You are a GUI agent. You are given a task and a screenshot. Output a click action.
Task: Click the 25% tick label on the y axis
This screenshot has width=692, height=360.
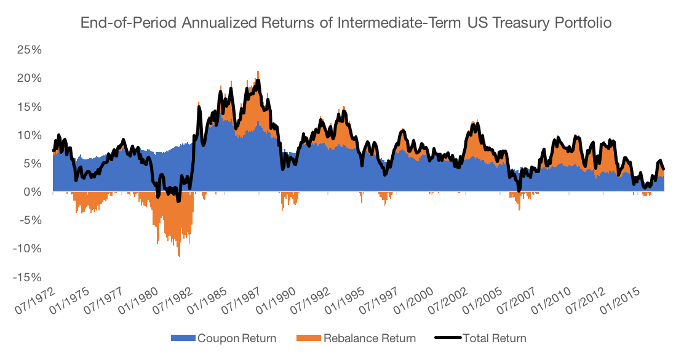(30, 50)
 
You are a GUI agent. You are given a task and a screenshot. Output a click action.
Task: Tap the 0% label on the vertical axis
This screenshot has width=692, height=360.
(33, 192)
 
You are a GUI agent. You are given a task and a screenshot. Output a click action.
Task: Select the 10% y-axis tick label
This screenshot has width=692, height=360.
(30, 135)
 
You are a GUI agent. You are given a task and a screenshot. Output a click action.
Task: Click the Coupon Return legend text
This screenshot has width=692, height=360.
(236, 338)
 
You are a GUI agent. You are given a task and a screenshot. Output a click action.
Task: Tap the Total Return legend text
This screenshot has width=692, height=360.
(494, 338)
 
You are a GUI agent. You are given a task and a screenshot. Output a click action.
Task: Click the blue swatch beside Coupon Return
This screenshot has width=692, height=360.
(183, 338)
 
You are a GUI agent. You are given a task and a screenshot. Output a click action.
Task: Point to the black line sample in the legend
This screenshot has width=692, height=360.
(447, 338)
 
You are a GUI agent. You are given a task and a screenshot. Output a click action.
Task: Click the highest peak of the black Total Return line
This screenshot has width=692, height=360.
(258, 80)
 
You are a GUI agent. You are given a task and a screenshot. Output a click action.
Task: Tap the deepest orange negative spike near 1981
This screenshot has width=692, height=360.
(179, 255)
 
